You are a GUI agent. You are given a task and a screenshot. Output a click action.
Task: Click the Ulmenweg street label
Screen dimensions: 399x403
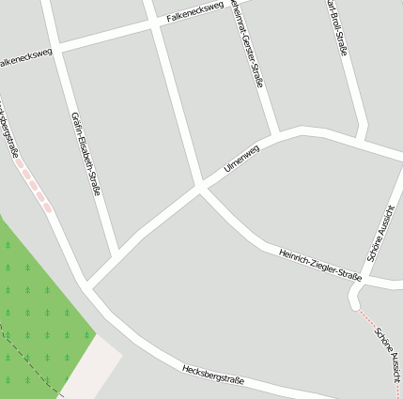click(x=241, y=156)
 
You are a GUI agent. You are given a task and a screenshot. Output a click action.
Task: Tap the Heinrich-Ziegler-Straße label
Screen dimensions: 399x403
click(x=319, y=264)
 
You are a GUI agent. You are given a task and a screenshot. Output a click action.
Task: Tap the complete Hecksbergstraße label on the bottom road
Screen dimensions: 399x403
click(x=213, y=374)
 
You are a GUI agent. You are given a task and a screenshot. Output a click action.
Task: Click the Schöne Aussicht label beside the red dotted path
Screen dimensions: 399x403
click(x=388, y=352)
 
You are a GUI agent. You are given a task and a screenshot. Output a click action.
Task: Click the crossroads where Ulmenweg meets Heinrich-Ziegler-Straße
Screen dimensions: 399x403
click(x=201, y=187)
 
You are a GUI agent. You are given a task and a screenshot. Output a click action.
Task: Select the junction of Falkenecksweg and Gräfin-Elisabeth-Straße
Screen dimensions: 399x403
click(x=55, y=45)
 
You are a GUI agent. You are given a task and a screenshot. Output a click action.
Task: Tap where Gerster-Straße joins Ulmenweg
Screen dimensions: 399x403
click(x=276, y=133)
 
